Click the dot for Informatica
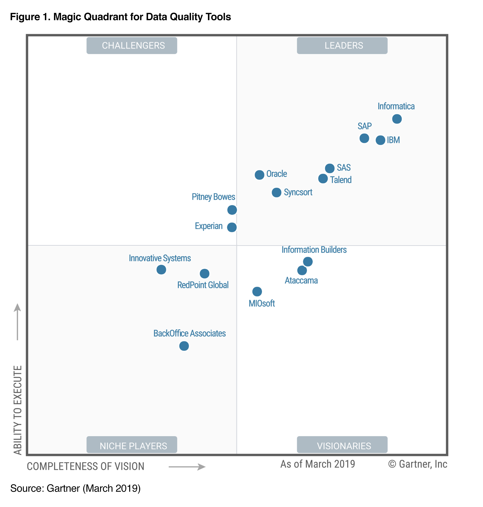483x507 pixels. pos(397,119)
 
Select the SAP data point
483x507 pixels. pos(364,138)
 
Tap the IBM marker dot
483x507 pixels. pos(380,140)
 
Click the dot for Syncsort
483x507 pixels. pos(276,192)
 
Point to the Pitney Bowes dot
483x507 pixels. pos(232,210)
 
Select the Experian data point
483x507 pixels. pos(232,227)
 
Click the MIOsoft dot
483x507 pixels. pos(257,292)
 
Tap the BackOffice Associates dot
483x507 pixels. pos(184,346)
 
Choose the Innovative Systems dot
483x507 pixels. pos(161,270)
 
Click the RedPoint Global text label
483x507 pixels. pos(203,285)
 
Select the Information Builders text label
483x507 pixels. pos(314,250)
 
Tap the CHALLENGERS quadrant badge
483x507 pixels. pos(132,45)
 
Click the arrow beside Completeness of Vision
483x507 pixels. pos(187,467)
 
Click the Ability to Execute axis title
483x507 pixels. pos(17,410)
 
